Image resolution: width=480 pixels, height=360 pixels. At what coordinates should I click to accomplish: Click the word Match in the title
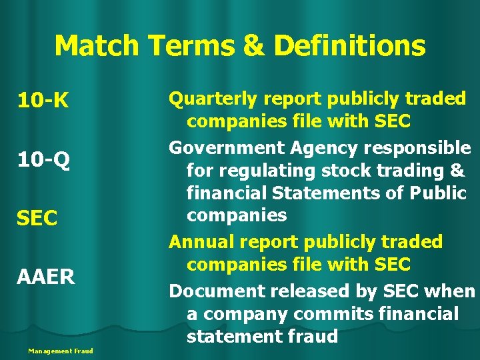tap(97, 46)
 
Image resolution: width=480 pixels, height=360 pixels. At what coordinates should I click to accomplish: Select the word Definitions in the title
tap(349, 46)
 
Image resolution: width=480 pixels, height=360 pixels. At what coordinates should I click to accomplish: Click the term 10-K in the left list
tap(42, 101)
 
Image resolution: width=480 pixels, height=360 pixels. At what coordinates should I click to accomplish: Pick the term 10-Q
tap(43, 160)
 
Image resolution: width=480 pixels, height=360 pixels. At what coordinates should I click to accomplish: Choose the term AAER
tap(46, 276)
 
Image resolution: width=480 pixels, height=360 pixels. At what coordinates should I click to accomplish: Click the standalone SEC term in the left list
tap(37, 218)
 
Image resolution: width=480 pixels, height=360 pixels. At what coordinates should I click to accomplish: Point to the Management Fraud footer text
tap(61, 351)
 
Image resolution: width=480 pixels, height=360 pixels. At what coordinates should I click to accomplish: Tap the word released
tap(303, 291)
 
